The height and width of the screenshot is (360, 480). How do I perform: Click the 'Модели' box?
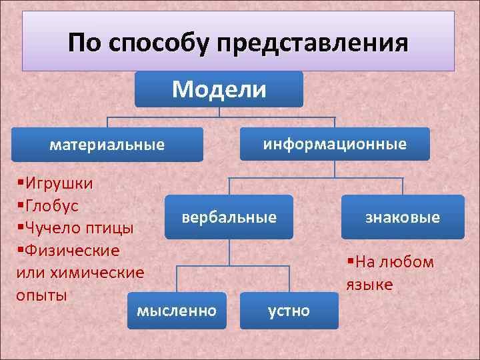point(219,89)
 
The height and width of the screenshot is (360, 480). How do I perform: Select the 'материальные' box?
point(107,145)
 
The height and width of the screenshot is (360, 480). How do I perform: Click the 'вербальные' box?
point(229,217)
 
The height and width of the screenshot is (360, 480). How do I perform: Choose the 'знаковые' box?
point(403,217)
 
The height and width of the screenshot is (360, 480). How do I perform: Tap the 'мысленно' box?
point(176,310)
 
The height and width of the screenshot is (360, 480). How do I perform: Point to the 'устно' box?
point(289,311)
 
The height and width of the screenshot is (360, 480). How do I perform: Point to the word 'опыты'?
point(42,295)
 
